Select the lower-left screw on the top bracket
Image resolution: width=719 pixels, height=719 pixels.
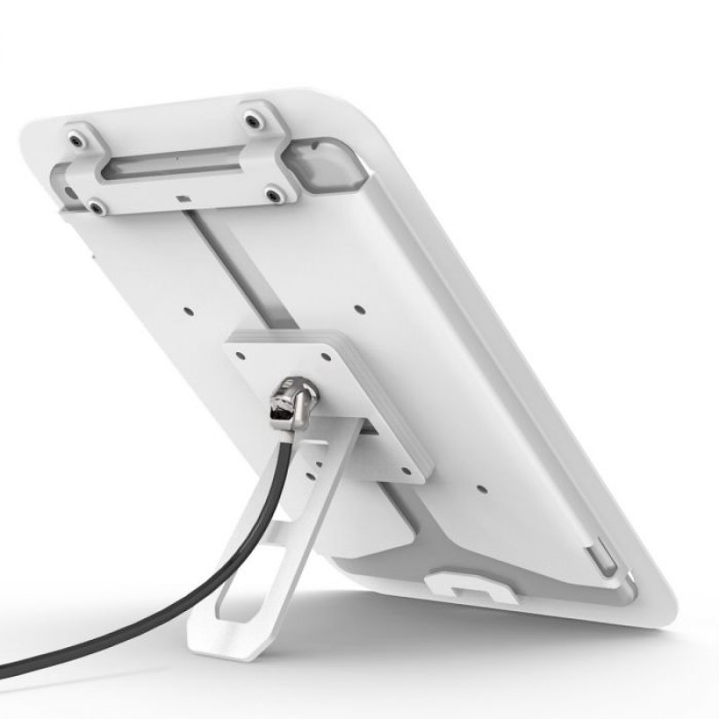click(x=94, y=209)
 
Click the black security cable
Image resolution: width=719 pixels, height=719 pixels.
click(x=135, y=620)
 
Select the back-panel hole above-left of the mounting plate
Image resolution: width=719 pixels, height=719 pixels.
click(x=190, y=314)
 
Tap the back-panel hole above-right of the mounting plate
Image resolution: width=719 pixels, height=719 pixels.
click(x=359, y=308)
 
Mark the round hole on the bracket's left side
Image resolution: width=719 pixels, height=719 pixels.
click(x=67, y=190)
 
